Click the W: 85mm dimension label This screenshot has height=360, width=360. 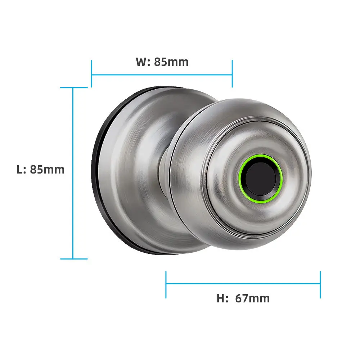(162, 62)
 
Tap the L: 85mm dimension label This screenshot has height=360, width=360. (41, 169)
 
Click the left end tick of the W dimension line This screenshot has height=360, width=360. (92, 74)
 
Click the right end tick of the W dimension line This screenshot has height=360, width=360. (232, 74)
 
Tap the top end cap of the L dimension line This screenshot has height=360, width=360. (73, 87)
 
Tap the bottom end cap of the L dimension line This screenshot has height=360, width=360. (73, 258)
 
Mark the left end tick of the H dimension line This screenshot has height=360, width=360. (166, 284)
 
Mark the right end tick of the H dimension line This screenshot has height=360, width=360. (320, 284)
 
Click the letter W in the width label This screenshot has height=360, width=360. (141, 62)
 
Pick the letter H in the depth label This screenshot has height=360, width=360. (220, 298)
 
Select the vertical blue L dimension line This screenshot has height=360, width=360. (73, 216)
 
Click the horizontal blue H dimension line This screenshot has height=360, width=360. (243, 283)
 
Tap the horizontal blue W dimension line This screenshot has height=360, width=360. (162, 75)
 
